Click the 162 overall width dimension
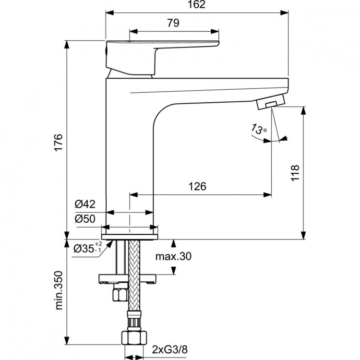tap(197, 5)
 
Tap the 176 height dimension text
tap(57, 143)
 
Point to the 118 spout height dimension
tap(295, 173)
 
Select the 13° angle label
tap(258, 129)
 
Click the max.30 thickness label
tap(173, 257)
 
